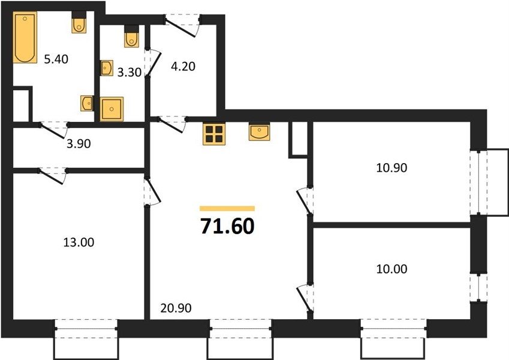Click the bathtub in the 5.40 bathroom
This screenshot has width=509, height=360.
25,37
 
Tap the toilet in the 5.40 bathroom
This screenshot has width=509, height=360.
79,23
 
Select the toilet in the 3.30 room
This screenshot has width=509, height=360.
131,37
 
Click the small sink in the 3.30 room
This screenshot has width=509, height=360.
107,68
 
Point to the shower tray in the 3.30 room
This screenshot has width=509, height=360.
112,109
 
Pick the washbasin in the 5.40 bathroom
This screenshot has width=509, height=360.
87,103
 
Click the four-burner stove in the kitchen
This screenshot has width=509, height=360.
214,134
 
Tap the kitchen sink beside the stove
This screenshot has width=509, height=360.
260,131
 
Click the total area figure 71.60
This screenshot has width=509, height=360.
227,226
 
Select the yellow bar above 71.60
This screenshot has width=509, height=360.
227,208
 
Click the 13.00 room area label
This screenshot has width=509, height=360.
79,242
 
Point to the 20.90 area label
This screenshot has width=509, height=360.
176,308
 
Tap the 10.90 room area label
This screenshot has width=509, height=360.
391,167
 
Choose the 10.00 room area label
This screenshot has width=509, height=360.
391,269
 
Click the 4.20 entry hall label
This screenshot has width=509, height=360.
183,66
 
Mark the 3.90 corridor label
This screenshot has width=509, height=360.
79,143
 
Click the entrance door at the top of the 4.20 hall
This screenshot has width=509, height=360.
182,25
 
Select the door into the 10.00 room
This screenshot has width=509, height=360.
305,298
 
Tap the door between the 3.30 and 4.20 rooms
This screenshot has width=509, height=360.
152,62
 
